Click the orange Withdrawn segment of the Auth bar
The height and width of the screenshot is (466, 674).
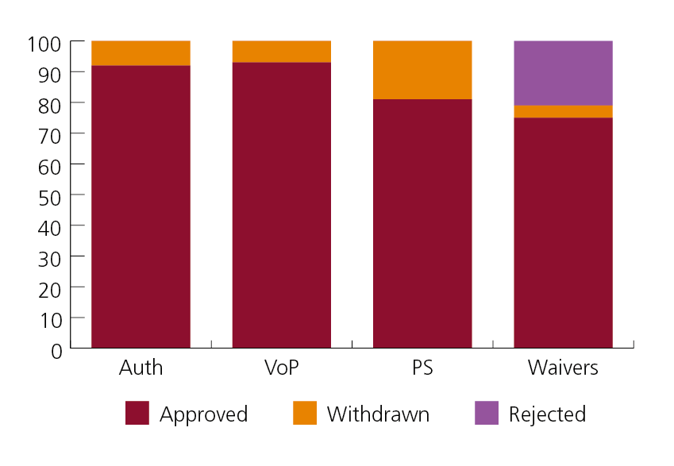[x=141, y=53]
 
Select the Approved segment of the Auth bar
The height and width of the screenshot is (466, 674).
[x=141, y=206]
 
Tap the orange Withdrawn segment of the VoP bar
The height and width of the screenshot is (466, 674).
[x=281, y=52]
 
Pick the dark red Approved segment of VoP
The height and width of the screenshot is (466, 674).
[x=281, y=205]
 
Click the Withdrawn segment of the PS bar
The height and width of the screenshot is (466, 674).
[x=422, y=70]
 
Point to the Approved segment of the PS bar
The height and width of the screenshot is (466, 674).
[x=422, y=223]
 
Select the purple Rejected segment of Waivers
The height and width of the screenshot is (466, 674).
[x=563, y=73]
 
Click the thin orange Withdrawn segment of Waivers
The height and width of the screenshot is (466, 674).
[x=563, y=112]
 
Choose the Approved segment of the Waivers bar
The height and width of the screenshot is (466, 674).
[x=563, y=233]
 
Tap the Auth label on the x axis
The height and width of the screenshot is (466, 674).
[x=141, y=368]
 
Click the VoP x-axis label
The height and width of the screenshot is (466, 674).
[x=281, y=368]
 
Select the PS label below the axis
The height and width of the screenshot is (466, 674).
[x=422, y=368]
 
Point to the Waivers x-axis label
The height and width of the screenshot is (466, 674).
[x=563, y=368]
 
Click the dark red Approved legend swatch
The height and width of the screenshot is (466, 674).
[x=137, y=414]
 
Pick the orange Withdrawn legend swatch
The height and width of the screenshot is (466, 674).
[x=305, y=414]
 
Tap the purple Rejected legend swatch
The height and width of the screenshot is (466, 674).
[x=487, y=414]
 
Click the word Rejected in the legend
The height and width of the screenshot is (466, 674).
[x=547, y=414]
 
